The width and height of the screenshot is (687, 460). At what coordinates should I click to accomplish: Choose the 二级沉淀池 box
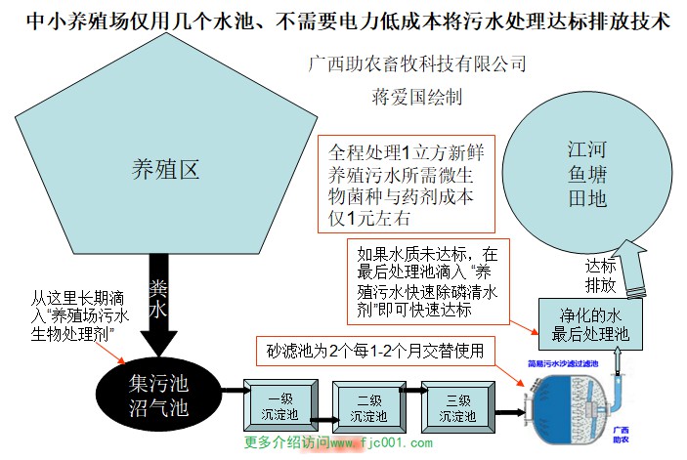[x=367, y=407]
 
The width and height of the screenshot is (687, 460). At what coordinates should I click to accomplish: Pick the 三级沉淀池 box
[x=456, y=407]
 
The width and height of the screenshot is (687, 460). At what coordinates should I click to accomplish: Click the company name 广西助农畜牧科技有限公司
[x=416, y=64]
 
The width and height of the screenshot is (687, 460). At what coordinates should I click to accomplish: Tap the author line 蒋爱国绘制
[x=417, y=98]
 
